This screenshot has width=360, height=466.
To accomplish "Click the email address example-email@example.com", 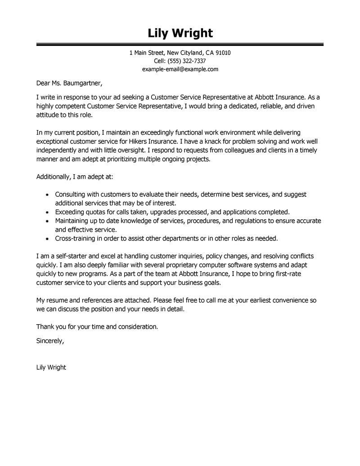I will click(x=180, y=69).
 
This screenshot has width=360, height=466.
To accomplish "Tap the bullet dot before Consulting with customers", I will click(x=49, y=195).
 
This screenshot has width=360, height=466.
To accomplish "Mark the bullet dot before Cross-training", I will click(x=49, y=238).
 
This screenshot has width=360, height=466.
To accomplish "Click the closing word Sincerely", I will click(x=50, y=341).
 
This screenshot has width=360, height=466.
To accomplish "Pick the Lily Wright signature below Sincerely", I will click(x=51, y=367).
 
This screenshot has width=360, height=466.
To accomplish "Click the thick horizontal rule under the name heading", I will click(x=180, y=44).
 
